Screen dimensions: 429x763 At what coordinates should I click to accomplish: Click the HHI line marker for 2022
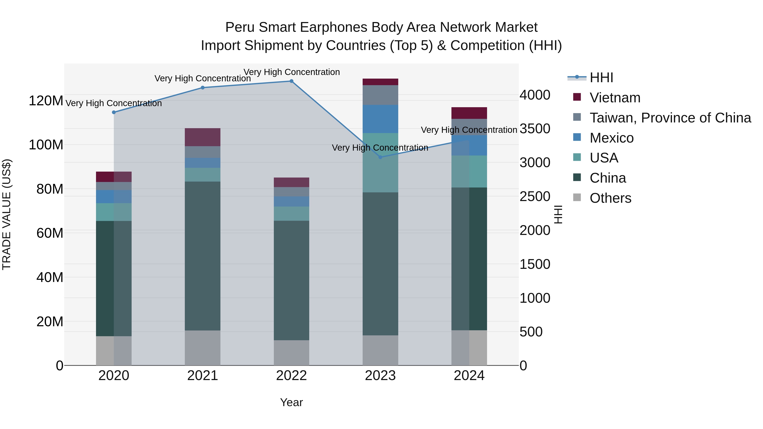coord(291,81)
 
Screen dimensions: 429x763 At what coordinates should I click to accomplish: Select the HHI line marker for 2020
coord(114,112)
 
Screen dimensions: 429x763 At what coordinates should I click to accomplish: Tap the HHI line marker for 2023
coord(380,157)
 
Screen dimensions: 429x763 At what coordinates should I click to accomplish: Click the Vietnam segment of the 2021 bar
coord(203,137)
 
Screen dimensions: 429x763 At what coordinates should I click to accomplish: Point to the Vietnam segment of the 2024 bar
coord(469,113)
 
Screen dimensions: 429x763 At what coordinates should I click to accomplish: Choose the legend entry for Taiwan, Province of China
coord(670,118)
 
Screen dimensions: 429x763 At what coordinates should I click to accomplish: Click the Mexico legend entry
coord(611,138)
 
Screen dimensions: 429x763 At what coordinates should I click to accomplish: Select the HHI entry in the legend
coord(601,78)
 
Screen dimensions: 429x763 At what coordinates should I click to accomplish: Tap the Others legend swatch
coord(577,197)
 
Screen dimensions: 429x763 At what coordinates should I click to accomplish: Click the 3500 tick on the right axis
coord(535,129)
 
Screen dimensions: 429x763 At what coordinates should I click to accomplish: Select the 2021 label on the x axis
coord(203,376)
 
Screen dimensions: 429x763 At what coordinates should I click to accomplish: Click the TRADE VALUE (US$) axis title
coord(7,214)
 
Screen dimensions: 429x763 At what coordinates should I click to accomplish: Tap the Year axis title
coord(291,402)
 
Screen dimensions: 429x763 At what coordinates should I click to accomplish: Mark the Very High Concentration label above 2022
coord(291,72)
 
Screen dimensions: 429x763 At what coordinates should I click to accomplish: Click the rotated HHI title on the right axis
coord(558,214)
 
